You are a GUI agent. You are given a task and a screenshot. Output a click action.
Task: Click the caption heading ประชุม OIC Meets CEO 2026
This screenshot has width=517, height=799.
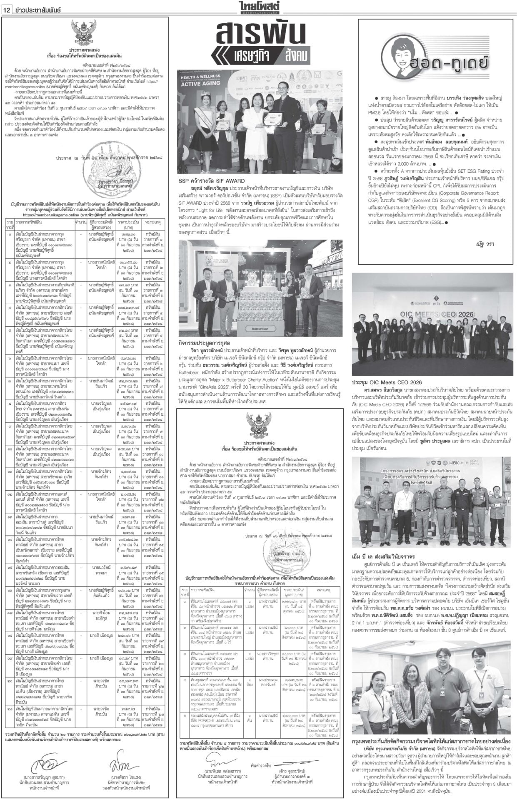pyautogui.click(x=387, y=382)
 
